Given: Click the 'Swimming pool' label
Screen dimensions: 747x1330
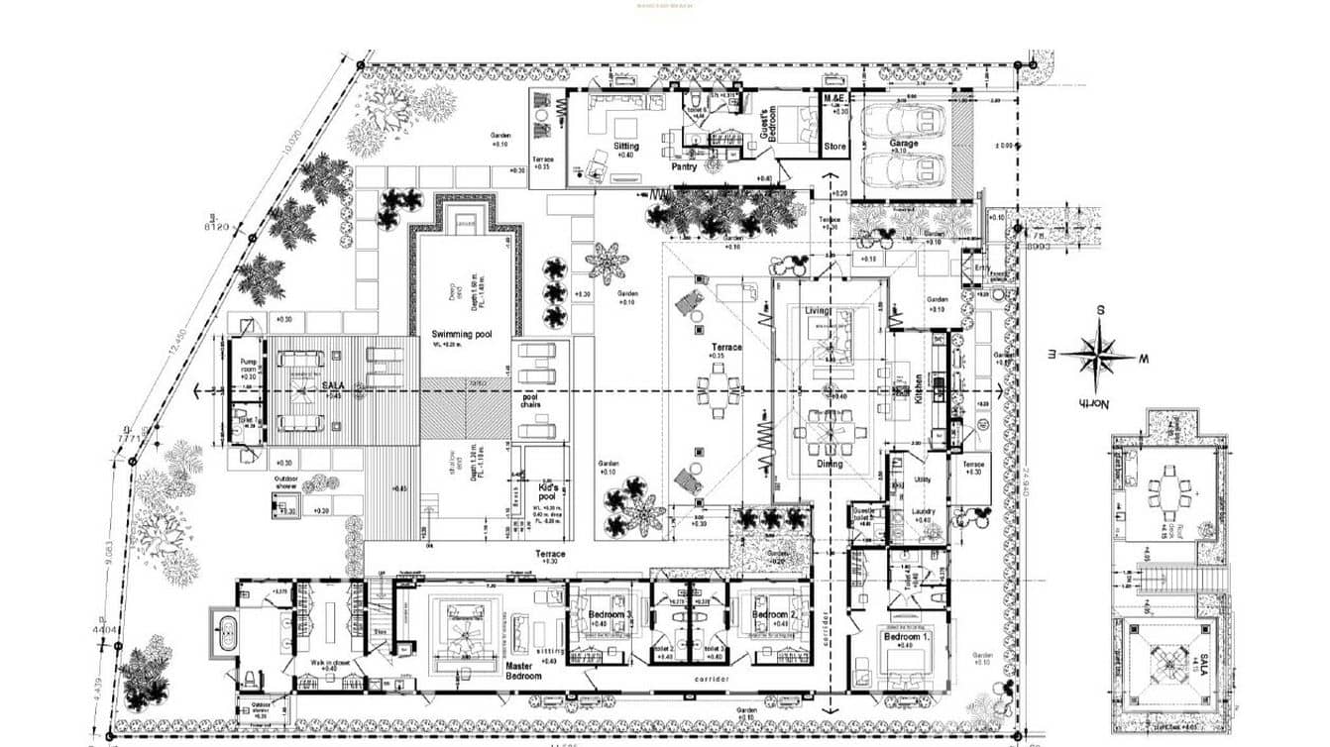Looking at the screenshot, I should point(461,334).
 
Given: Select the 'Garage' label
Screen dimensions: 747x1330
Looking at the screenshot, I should point(903,144).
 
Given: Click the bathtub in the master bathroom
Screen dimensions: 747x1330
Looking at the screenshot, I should point(224,632).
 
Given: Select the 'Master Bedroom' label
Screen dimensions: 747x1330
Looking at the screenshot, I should point(523,671).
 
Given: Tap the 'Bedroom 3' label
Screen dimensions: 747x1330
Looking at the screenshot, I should point(609,615).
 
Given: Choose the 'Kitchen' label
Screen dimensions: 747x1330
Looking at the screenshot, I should point(919,384).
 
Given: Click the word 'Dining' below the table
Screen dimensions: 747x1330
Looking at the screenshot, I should point(830,464).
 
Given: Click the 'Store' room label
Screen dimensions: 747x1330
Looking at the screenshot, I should point(835,148).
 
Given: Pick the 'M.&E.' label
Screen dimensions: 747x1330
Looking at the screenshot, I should point(834,100).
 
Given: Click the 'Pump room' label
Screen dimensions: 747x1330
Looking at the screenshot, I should point(249,368).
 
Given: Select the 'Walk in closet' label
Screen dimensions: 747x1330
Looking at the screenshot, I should point(327,663).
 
